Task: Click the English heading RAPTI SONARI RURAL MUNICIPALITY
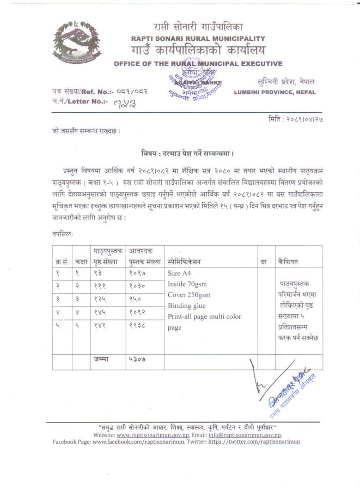click(x=198, y=39)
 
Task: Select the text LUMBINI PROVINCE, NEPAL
click(x=274, y=93)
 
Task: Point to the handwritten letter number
click(x=124, y=102)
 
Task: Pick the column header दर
click(x=263, y=262)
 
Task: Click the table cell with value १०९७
click(x=137, y=273)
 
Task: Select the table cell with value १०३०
click(x=137, y=286)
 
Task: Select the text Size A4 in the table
click(x=180, y=273)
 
